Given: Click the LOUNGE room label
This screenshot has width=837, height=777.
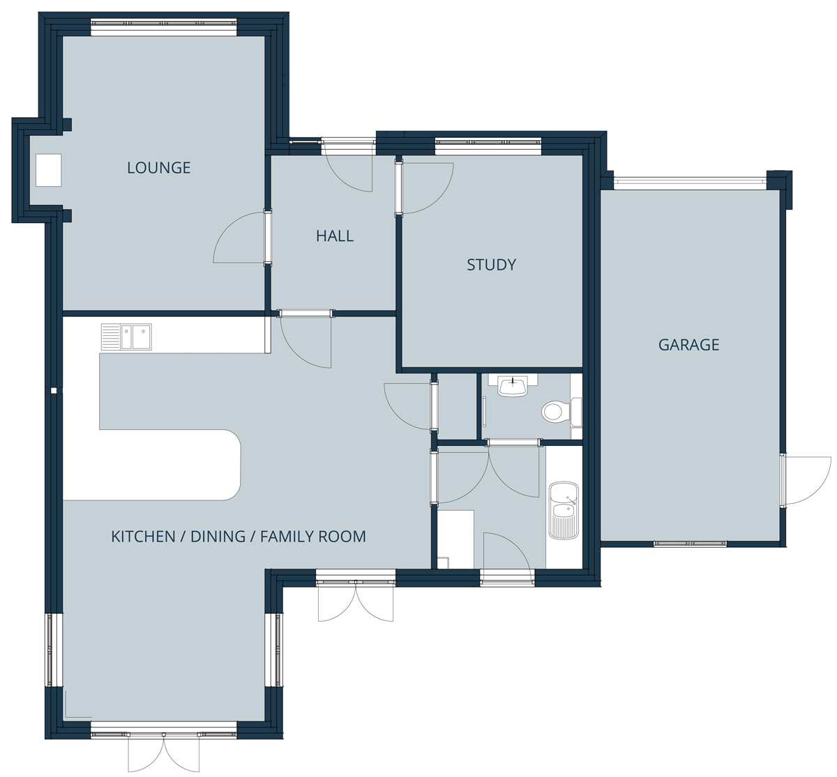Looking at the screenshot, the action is tap(159, 168).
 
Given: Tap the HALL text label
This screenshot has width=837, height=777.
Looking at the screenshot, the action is tap(335, 236).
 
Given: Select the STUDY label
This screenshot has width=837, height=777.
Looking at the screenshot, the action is tap(492, 265).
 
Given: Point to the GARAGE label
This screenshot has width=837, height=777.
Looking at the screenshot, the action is tap(688, 344).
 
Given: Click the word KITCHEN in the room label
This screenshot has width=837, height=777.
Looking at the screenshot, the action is tap(143, 537).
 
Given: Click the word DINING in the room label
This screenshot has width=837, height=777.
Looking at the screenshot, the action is tap(218, 537).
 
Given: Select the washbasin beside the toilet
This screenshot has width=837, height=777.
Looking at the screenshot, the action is tap(513, 386).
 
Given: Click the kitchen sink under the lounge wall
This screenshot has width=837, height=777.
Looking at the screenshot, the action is tap(126, 337).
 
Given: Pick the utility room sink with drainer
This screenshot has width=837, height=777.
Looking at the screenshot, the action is tap(564, 510).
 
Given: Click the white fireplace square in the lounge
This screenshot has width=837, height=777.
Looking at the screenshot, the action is tap(48, 170).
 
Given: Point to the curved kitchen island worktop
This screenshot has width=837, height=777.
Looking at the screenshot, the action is tap(152, 465).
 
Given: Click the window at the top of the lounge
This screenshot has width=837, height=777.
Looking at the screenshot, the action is tap(163, 26).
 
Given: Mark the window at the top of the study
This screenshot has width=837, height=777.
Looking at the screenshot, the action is tap(488, 144).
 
